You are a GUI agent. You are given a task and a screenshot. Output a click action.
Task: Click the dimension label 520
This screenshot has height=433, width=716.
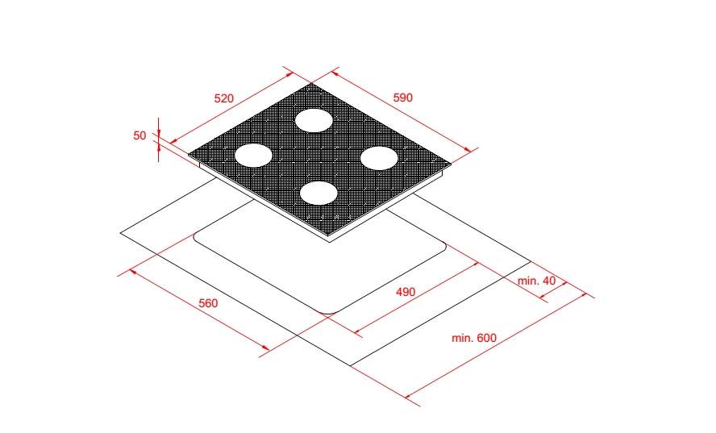(x=224, y=98)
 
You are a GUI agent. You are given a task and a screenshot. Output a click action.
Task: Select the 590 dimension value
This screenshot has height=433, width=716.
(x=403, y=98)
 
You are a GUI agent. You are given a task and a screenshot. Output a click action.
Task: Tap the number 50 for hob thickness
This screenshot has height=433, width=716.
(x=139, y=135)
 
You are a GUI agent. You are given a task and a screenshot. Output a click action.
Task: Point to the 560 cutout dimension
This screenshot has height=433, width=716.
(x=208, y=303)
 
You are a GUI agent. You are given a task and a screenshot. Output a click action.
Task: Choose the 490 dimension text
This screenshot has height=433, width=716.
(x=406, y=292)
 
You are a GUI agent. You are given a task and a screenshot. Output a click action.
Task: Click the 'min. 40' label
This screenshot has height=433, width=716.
(x=536, y=281)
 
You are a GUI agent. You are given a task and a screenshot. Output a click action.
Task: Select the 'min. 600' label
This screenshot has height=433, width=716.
(x=474, y=338)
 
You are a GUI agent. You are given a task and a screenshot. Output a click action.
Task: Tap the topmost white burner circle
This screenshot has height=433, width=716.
(x=314, y=121)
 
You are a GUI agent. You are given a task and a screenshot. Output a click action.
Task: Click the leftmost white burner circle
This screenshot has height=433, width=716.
(x=253, y=156)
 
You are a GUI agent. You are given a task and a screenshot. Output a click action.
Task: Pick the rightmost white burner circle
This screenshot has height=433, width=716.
(x=379, y=158)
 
